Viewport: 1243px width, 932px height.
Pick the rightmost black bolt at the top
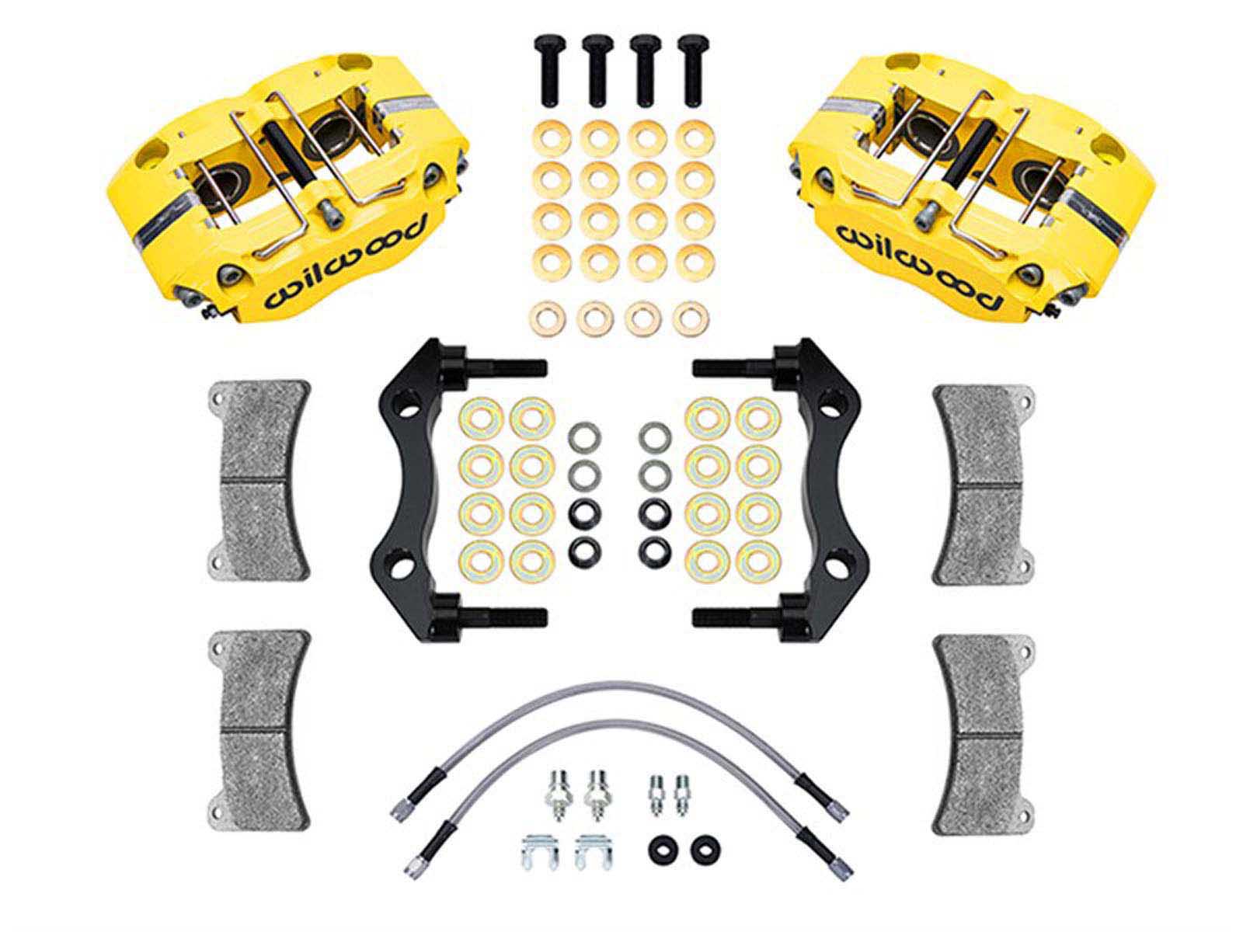click(x=692, y=71)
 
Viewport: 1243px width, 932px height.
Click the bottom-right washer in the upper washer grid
click(x=691, y=316)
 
